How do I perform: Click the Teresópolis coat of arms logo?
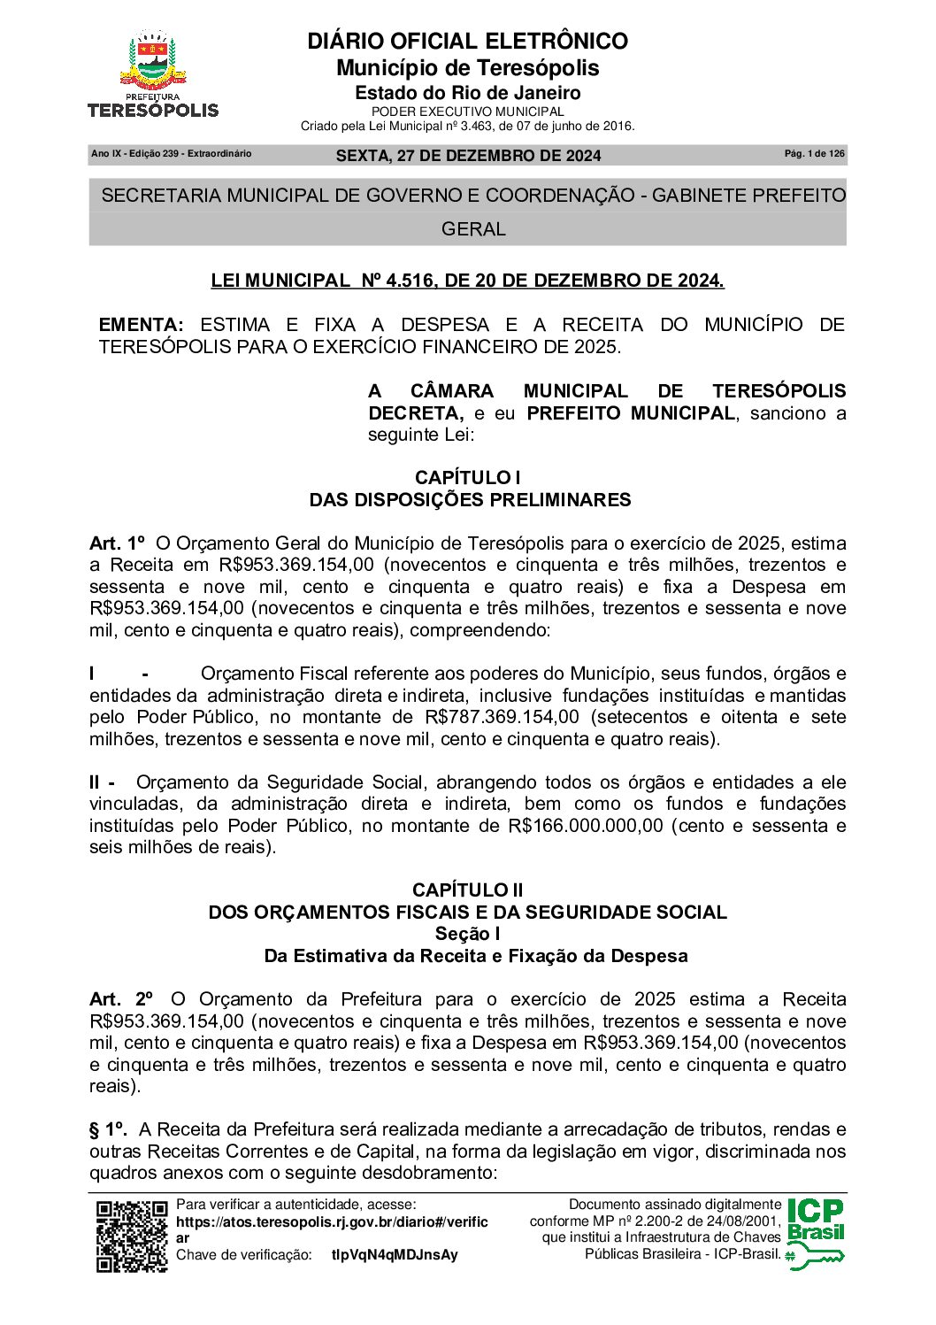coord(153,73)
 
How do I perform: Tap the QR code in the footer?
coord(132,1236)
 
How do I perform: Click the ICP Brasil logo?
coord(815,1233)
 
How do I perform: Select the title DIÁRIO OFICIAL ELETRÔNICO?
coord(467,42)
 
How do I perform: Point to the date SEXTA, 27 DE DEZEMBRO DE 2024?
coord(468,156)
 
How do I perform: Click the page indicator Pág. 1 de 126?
coord(814,154)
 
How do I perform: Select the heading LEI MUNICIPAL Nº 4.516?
coord(467,281)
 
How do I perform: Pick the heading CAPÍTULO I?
coord(467,478)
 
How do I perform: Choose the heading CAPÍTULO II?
coord(467,890)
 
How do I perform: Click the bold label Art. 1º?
coord(116,543)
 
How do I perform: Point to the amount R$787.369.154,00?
coord(502,717)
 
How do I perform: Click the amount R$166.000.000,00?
coord(585,826)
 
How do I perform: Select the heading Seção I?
coord(467,934)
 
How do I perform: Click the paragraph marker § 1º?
coord(108,1129)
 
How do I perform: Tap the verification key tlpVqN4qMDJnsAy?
coord(395,1255)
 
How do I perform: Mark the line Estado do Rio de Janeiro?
coord(467,93)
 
